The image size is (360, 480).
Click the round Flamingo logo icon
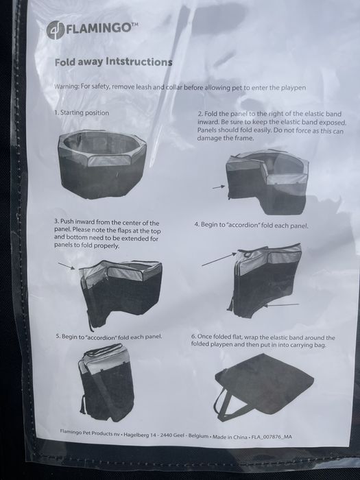click(55, 29)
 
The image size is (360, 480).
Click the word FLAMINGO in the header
click(98, 29)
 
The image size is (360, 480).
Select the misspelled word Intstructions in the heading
click(139, 62)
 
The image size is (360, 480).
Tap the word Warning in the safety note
click(66, 86)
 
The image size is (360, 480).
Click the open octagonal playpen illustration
click(102, 163)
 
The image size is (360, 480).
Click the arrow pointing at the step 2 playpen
click(219, 187)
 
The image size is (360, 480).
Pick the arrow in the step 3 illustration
click(67, 266)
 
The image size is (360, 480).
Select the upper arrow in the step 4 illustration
click(219, 259)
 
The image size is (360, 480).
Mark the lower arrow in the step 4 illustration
click(281, 305)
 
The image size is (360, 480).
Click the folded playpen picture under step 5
click(106, 382)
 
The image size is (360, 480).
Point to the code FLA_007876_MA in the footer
click(272, 437)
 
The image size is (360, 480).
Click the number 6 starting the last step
click(193, 337)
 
